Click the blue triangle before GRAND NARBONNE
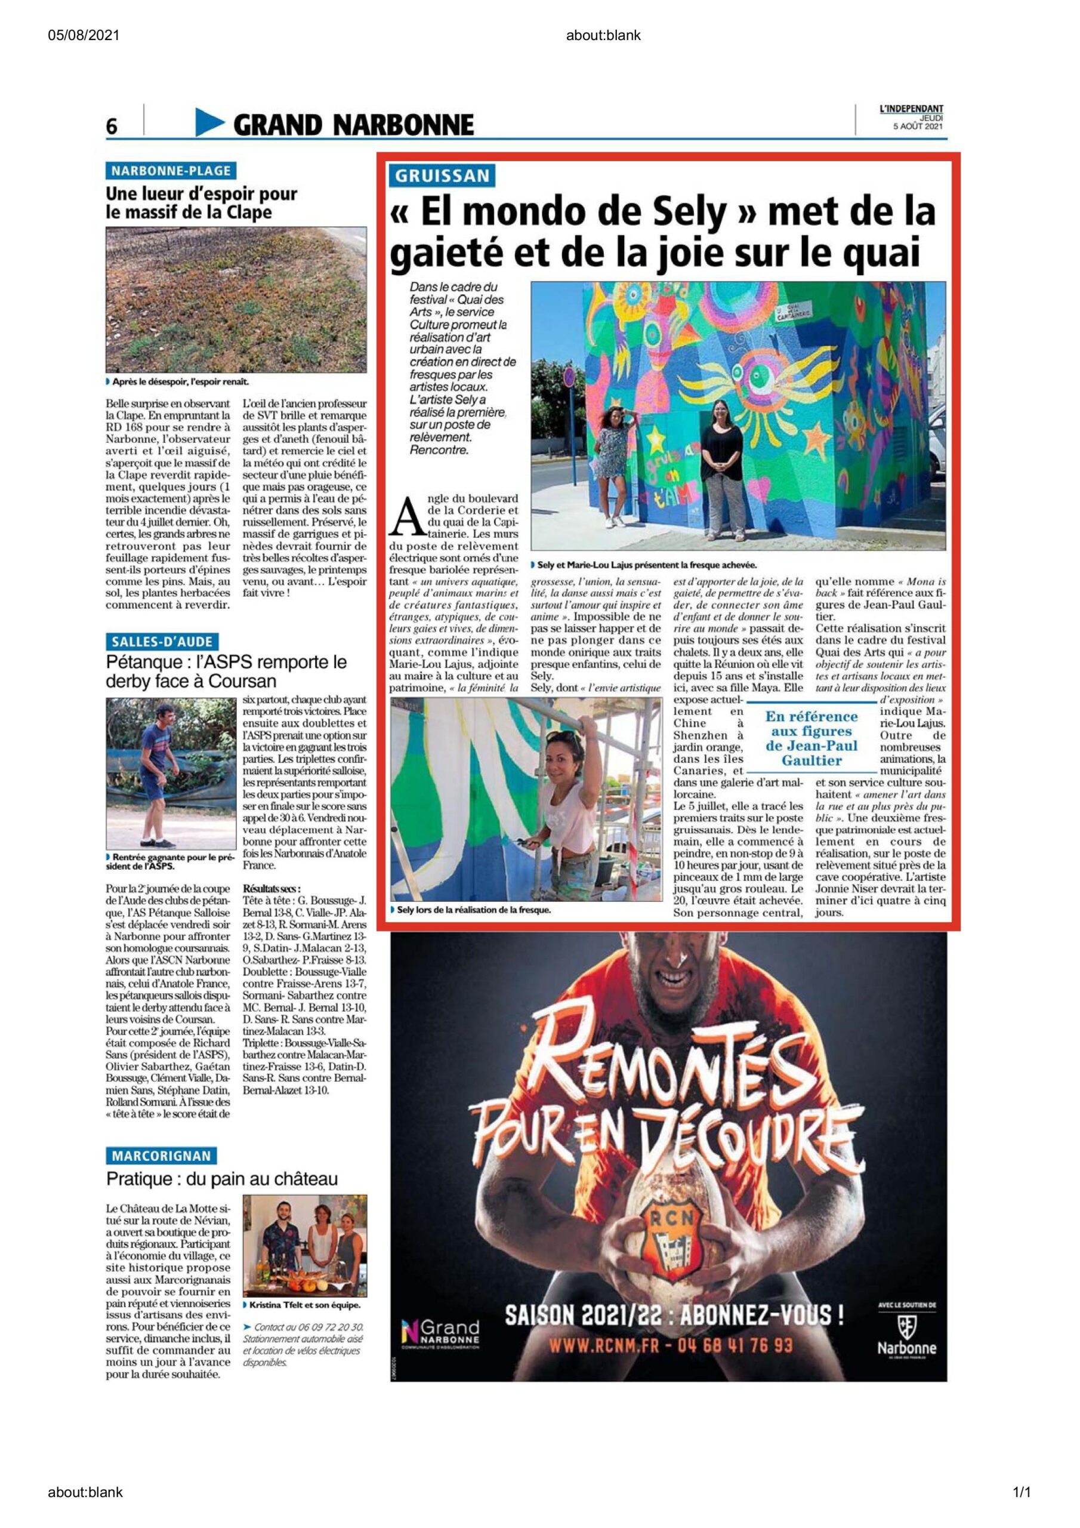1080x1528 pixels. tap(210, 123)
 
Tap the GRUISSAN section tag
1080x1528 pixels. tap(443, 175)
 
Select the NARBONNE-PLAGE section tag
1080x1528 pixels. tap(170, 171)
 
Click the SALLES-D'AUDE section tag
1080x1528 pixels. tap(162, 642)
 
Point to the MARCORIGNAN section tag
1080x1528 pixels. tap(161, 1156)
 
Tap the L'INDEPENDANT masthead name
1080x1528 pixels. tap(911, 109)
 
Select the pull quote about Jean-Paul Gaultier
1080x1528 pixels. tap(811, 738)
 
